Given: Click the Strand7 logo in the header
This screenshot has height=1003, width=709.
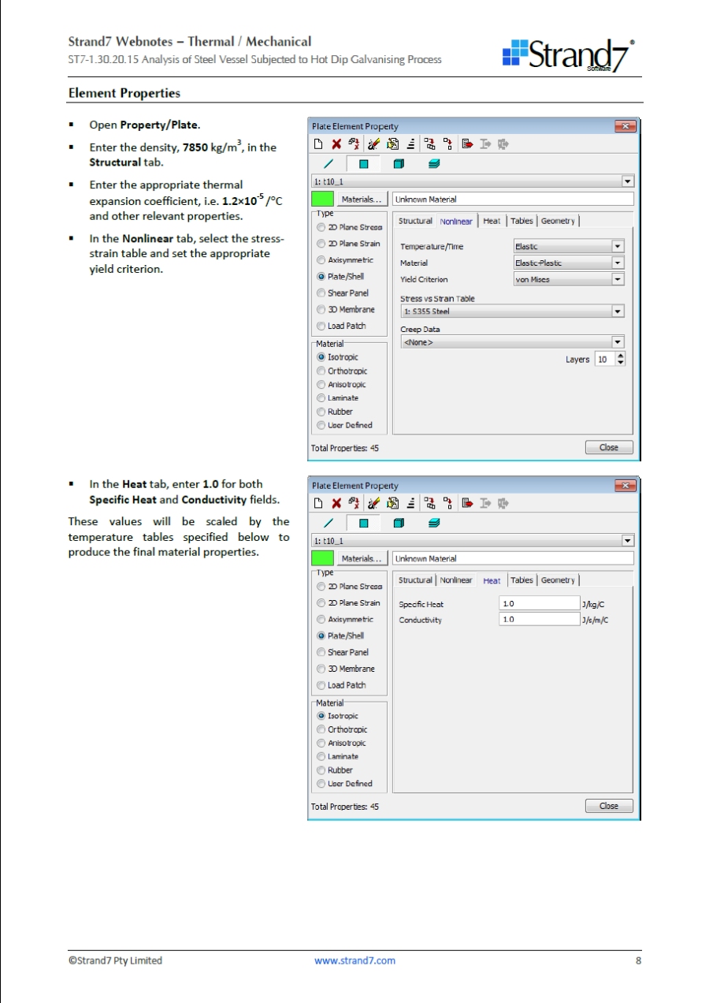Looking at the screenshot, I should [x=569, y=54].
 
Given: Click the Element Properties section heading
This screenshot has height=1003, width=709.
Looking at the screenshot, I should [x=124, y=93].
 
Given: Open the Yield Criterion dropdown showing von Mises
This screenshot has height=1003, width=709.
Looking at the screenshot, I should [x=568, y=279].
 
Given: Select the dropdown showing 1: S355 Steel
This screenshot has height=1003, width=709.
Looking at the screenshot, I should [x=511, y=311].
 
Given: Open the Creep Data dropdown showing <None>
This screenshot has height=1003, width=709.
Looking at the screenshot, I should [x=511, y=342].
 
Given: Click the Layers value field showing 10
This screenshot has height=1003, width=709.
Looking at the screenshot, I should [x=603, y=359].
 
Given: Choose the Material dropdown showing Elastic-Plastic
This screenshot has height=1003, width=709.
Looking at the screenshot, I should [x=568, y=263].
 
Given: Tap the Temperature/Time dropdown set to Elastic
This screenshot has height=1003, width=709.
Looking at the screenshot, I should [x=568, y=246].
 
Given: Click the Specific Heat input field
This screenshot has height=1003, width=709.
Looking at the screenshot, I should [x=539, y=604].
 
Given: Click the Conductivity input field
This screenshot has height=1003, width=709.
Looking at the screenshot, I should [x=539, y=620].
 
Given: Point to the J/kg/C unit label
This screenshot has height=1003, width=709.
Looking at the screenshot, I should [x=594, y=605].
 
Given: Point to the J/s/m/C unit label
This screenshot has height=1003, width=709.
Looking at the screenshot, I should [x=596, y=621].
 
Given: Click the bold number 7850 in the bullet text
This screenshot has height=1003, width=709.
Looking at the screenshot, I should [x=196, y=148].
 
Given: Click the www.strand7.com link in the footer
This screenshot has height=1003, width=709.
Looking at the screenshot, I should [x=354, y=960].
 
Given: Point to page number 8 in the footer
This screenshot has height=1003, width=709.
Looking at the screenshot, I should [x=638, y=960].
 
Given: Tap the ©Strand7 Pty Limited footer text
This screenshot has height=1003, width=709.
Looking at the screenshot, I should [x=115, y=960].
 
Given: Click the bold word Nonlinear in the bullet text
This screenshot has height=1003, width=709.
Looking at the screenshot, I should [x=148, y=238].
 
